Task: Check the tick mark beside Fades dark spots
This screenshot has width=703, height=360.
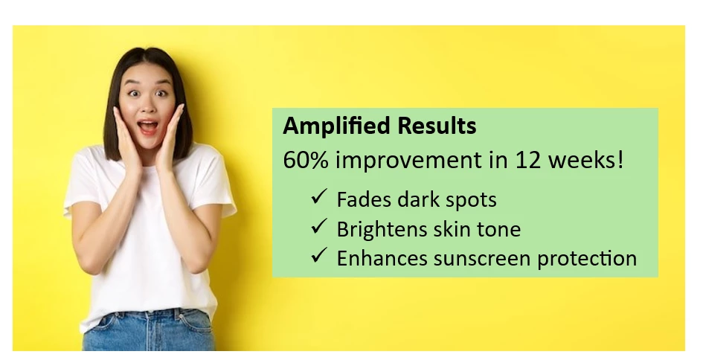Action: tap(319, 197)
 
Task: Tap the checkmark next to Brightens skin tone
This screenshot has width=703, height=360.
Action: tap(319, 226)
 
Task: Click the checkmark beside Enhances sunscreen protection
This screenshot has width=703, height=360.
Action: tap(319, 256)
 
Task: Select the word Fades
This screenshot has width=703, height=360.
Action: tap(364, 199)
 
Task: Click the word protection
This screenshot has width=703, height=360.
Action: tap(588, 259)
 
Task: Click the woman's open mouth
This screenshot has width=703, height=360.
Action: tap(148, 126)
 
